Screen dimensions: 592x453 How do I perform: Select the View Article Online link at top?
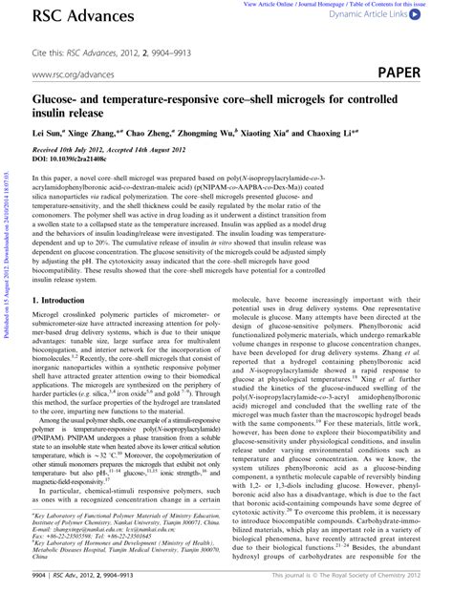(x=277, y=5)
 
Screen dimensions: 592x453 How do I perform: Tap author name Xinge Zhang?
(x=103, y=134)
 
